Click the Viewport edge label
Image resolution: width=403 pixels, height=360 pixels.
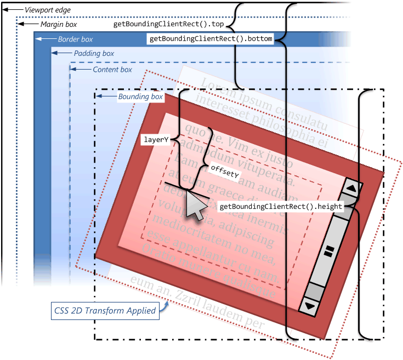click(x=47, y=10)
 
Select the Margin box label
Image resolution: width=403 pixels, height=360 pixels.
click(x=58, y=25)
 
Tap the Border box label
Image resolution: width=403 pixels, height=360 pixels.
click(x=75, y=39)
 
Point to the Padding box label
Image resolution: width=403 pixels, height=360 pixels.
click(x=94, y=54)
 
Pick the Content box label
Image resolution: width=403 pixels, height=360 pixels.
click(x=112, y=70)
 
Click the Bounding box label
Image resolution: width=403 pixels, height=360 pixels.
click(x=140, y=97)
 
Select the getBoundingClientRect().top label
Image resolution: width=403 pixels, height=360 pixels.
click(x=168, y=25)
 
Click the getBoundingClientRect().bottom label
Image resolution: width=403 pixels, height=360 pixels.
click(x=211, y=39)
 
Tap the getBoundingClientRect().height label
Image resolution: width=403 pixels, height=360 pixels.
click(x=280, y=207)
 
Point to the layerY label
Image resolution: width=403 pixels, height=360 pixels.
click(x=155, y=140)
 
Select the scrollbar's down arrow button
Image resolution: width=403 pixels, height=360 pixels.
click(x=310, y=306)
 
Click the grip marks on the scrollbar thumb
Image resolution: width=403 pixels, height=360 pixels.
click(x=330, y=251)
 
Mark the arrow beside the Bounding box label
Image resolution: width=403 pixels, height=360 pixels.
click(x=109, y=97)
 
